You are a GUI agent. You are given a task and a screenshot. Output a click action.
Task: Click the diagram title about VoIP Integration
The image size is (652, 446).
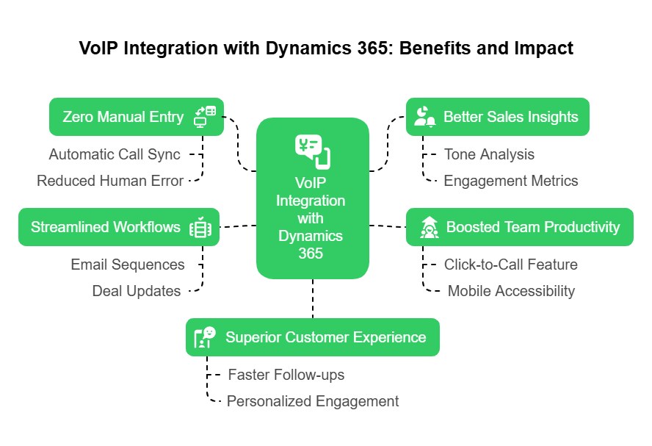326,49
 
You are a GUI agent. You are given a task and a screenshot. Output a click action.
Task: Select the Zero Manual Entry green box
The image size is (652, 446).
137,117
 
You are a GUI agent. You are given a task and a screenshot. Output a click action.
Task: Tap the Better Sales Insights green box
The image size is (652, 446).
497,117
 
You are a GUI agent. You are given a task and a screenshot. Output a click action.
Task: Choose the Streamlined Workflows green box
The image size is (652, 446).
118,227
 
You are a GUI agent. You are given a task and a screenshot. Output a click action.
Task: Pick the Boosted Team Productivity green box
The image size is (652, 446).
519,227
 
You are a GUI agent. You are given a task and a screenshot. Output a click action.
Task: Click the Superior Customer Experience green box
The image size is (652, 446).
312,337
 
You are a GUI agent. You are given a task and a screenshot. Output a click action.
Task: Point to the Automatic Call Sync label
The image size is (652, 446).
115,154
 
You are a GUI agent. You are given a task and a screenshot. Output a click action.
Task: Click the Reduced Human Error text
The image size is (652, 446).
110,181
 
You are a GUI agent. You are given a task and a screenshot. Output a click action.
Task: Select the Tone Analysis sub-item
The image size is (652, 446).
489,154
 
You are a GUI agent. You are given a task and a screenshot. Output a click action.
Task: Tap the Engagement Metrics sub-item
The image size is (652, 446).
511,181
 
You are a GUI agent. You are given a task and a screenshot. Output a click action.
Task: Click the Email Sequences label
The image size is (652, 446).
128,265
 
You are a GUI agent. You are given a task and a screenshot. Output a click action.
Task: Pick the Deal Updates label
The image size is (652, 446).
137,291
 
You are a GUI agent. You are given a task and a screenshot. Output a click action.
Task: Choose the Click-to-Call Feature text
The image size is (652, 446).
511,265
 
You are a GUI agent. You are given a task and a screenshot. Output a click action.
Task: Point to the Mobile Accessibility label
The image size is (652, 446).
511,291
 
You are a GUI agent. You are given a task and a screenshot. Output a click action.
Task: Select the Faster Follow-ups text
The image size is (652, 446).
286,375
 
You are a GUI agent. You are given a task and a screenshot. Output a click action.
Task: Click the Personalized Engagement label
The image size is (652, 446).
313,401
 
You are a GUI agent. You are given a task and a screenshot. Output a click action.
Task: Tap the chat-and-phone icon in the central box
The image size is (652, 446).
312,151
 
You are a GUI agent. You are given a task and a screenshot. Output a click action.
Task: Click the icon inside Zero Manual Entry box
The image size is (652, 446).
204,117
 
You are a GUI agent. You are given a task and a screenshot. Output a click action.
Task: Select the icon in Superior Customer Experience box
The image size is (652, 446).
205,337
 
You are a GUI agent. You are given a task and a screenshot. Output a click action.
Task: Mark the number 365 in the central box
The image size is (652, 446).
312,253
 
